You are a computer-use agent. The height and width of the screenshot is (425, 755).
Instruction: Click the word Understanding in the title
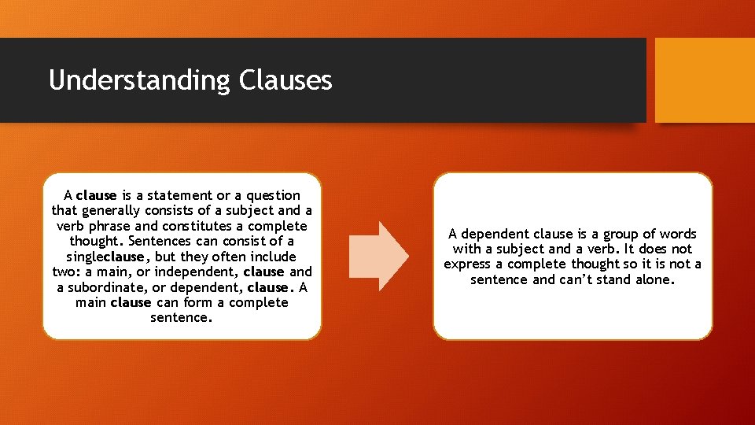(139, 81)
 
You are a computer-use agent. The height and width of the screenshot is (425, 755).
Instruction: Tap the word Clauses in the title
(285, 79)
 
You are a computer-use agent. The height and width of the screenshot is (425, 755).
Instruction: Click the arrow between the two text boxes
(378, 256)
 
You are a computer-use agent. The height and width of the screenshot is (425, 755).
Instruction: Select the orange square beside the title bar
(704, 80)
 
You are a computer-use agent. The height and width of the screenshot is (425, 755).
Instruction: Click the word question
(274, 195)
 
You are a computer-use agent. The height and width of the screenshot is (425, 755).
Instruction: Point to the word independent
(193, 272)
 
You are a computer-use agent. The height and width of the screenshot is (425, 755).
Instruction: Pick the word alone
(655, 279)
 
